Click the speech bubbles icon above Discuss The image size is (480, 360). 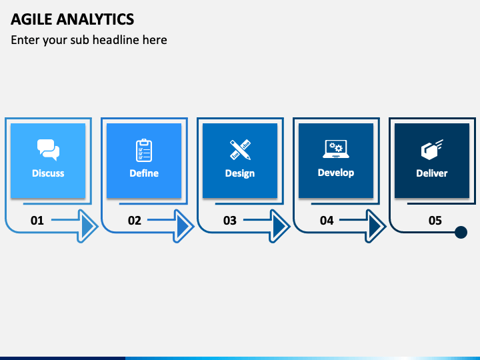point(48,150)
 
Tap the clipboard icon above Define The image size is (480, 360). point(144,150)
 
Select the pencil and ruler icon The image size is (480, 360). point(240,150)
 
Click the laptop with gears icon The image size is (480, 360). point(336,149)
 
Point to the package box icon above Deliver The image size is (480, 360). point(432,150)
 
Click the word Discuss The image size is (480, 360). point(48,173)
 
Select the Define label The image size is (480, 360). point(144,173)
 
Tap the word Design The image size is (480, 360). point(240,173)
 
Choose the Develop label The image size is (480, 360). point(336,173)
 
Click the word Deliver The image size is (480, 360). point(432,173)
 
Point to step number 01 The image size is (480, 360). point(37,221)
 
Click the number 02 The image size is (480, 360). point(135,221)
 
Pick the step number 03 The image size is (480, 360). point(230,221)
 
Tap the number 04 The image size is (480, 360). point(327,221)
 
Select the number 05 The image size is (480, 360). point(435,221)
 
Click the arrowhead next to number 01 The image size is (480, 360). point(87,226)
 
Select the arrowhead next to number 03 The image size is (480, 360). point(279,226)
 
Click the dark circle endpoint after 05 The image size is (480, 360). point(461,233)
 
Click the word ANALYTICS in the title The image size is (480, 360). point(95,19)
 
